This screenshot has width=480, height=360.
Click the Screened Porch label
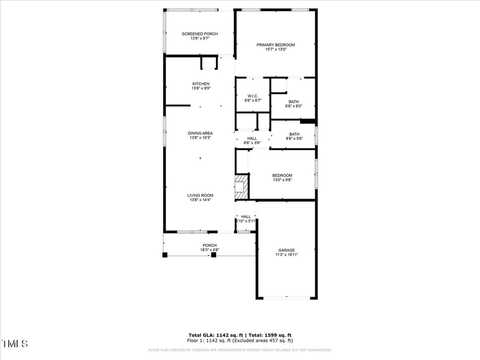pyautogui.click(x=200, y=34)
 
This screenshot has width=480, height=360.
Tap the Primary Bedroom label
pyautogui.click(x=275, y=45)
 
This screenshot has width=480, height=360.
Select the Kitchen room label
pyautogui.click(x=201, y=84)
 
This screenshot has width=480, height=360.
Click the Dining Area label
pyautogui.click(x=200, y=133)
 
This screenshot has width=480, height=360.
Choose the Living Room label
pyautogui.click(x=200, y=195)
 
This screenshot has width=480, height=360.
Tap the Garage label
pyautogui.click(x=286, y=250)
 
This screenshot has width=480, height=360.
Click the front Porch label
pyautogui.click(x=209, y=245)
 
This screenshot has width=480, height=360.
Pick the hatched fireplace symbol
pyautogui.click(x=242, y=184)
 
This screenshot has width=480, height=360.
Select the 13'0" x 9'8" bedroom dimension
pyautogui.click(x=282, y=180)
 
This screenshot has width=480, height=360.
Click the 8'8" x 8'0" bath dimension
pyautogui.click(x=294, y=106)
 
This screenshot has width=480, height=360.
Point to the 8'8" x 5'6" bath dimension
pyautogui.click(x=294, y=139)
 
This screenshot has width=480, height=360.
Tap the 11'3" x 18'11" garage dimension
pyautogui.click(x=286, y=255)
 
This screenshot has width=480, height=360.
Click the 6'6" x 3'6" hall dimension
pyautogui.click(x=252, y=143)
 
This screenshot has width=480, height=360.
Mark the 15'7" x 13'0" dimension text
pyautogui.click(x=275, y=50)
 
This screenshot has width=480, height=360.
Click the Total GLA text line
pyautogui.click(x=240, y=335)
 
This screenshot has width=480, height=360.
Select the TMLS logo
pyautogui.click(x=14, y=343)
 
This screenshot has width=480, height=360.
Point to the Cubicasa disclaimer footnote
pyautogui.click(x=240, y=350)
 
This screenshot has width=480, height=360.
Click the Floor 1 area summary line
pyautogui.click(x=240, y=340)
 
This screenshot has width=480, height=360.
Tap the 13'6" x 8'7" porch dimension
pyautogui.click(x=200, y=38)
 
